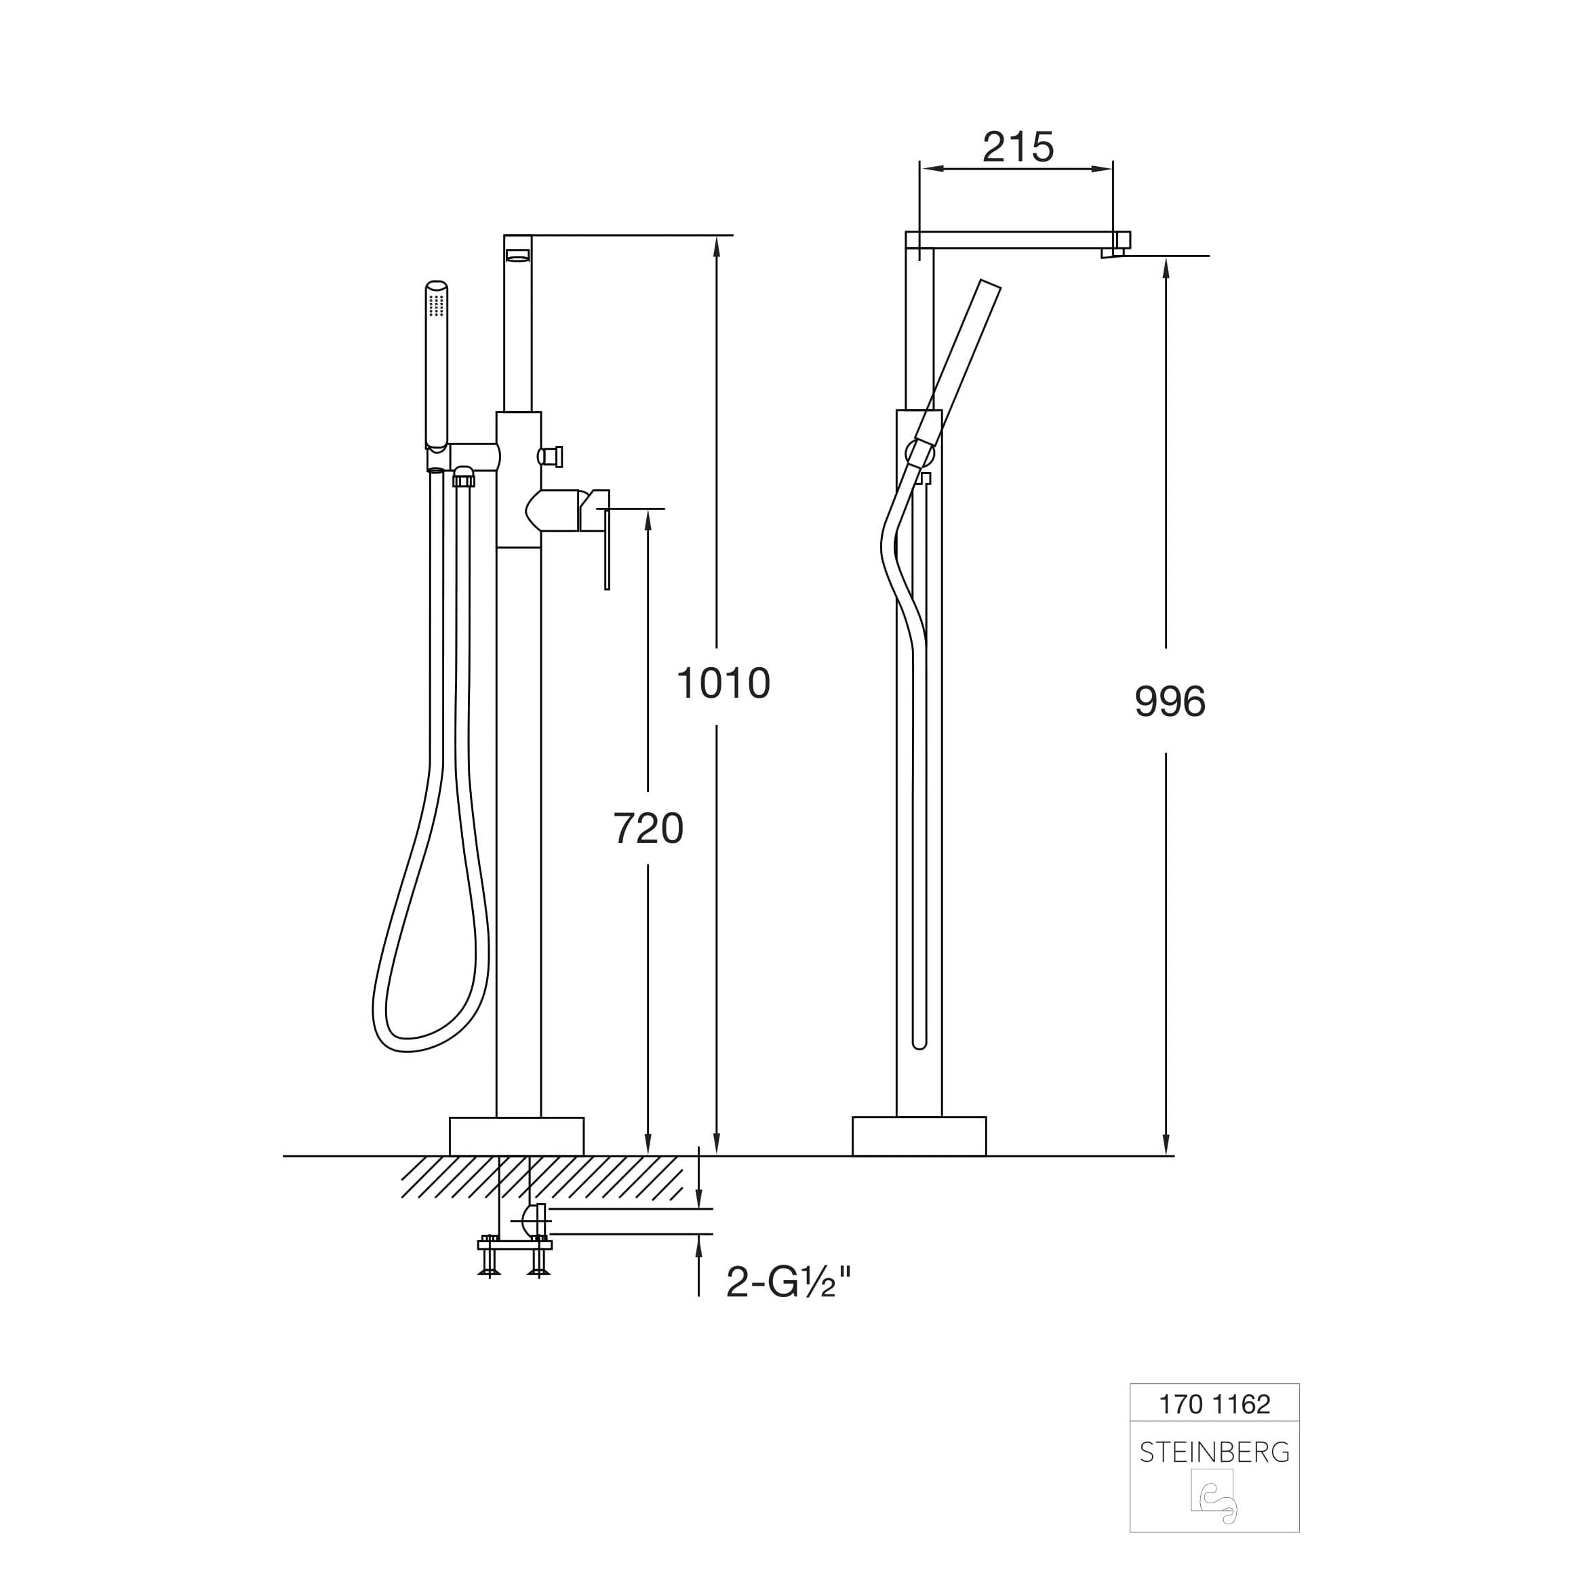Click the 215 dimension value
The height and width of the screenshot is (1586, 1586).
pyautogui.click(x=1018, y=148)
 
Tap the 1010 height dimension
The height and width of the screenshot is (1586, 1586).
pyautogui.click(x=723, y=683)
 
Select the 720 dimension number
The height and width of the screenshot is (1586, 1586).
pyautogui.click(x=648, y=829)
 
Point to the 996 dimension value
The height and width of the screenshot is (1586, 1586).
pyautogui.click(x=1170, y=702)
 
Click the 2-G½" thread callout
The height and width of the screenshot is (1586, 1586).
pyautogui.click(x=789, y=1282)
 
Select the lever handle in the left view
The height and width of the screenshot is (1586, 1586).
pyautogui.click(x=597, y=538)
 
